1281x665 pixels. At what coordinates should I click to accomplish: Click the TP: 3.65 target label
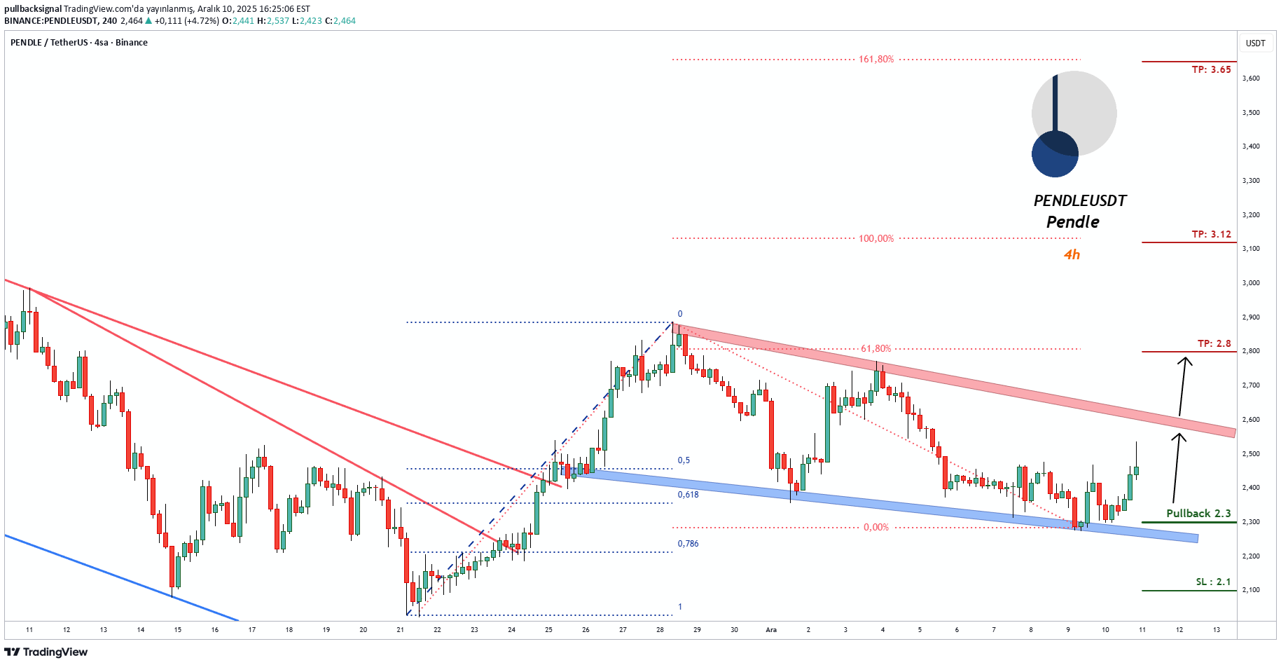(x=1211, y=69)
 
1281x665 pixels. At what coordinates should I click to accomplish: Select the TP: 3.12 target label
(x=1211, y=234)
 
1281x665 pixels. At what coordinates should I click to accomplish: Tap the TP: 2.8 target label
(x=1214, y=343)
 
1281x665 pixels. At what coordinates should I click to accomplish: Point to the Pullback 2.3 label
(x=1198, y=513)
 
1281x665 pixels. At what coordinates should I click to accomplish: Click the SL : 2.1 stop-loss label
(x=1213, y=582)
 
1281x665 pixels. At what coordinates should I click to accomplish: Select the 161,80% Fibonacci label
(x=876, y=60)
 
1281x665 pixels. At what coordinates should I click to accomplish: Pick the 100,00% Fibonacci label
(x=876, y=239)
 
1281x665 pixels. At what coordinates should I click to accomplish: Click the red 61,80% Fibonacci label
(x=875, y=348)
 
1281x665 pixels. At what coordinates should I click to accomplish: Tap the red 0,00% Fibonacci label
(x=875, y=527)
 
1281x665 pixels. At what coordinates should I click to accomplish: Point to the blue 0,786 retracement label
(x=688, y=544)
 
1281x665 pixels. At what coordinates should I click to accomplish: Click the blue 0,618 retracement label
(x=688, y=495)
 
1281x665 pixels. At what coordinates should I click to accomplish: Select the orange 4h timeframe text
(x=1072, y=254)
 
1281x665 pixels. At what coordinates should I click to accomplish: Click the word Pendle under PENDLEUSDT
(x=1072, y=222)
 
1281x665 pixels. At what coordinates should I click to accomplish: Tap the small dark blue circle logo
(x=1055, y=154)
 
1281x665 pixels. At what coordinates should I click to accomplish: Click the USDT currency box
(x=1255, y=43)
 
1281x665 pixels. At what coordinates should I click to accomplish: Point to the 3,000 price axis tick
(x=1251, y=283)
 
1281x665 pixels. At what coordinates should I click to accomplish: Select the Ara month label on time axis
(x=771, y=629)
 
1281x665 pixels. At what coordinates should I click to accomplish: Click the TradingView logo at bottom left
(x=46, y=652)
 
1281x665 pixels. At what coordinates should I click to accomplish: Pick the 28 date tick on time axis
(x=660, y=629)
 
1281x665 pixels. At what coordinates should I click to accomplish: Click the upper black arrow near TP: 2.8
(x=1182, y=386)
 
